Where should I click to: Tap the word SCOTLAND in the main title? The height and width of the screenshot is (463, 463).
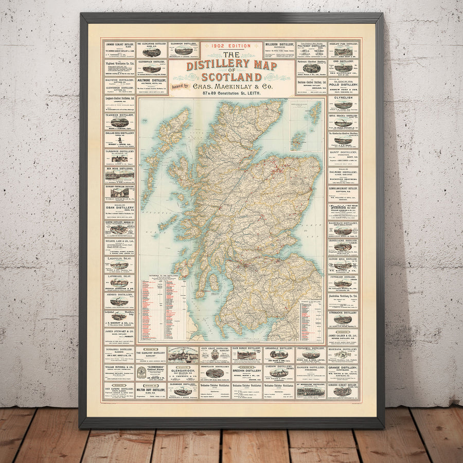click(231, 77)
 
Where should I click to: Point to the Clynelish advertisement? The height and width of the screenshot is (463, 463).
click(343, 103)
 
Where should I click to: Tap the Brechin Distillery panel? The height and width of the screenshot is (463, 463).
click(246, 372)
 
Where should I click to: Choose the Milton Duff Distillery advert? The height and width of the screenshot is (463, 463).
click(150, 390)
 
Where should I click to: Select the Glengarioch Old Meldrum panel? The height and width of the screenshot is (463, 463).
click(183, 372)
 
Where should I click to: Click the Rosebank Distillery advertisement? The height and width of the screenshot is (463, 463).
click(343, 355)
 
